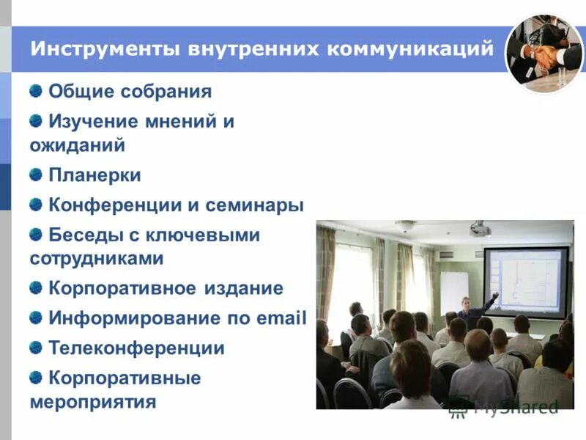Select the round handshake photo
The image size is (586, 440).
click(x=544, y=54)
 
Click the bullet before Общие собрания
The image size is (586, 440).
click(x=36, y=91)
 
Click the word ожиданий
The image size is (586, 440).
click(x=77, y=145)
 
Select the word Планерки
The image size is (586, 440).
click(x=94, y=175)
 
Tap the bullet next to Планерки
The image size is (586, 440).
click(x=36, y=175)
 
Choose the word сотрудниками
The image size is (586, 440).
click(x=96, y=259)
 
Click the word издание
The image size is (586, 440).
click(x=244, y=288)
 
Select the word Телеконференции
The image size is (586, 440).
click(x=136, y=348)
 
